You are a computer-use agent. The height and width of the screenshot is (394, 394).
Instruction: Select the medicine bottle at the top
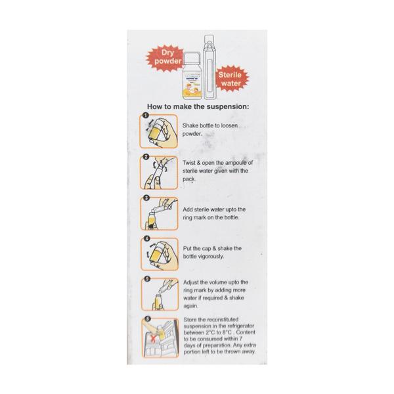click(194, 74)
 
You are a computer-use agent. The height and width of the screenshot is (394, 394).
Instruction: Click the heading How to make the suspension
click(198, 106)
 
